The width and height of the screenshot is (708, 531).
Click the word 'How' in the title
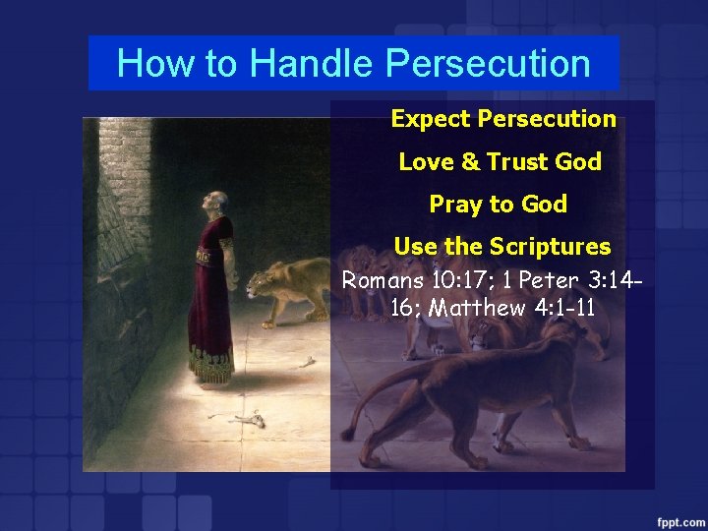[147, 64]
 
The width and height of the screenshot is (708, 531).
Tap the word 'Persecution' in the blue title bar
[488, 64]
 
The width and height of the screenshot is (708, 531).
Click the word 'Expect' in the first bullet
[430, 119]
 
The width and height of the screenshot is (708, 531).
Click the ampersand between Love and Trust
[466, 162]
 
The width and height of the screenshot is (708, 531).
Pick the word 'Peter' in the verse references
[547, 279]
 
